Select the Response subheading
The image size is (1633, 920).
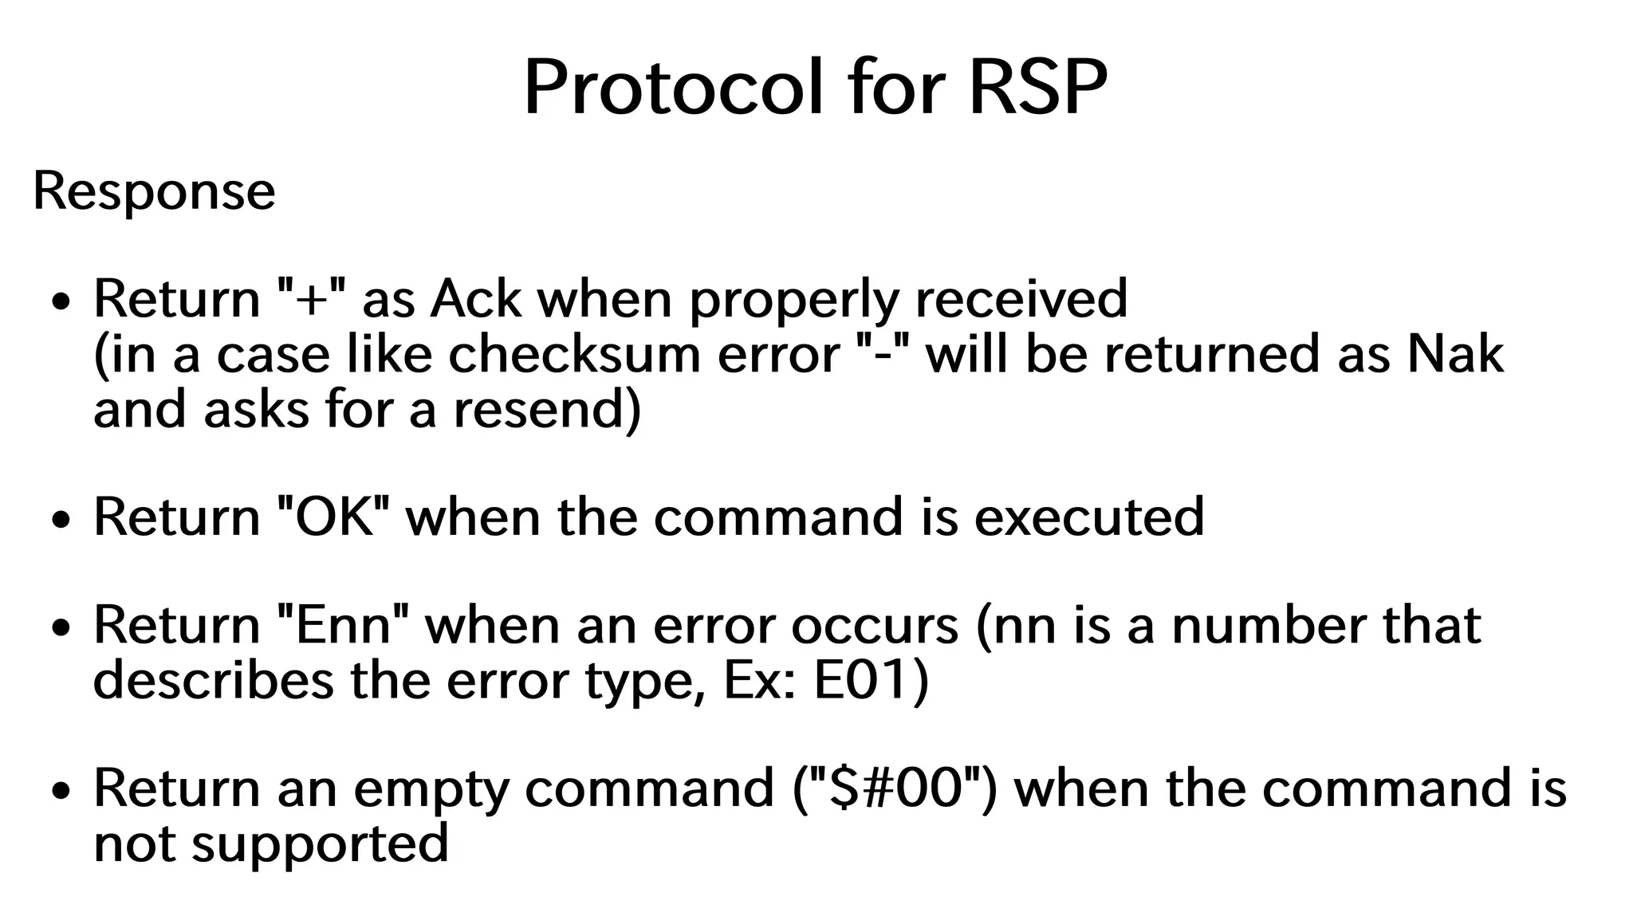pyautogui.click(x=154, y=192)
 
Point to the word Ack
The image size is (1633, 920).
pyautogui.click(x=476, y=299)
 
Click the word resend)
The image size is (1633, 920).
pyautogui.click(x=547, y=410)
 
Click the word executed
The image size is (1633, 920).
pyautogui.click(x=1089, y=517)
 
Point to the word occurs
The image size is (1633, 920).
pyautogui.click(x=875, y=625)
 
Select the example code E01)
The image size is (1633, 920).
pyautogui.click(x=871, y=681)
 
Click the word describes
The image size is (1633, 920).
pyautogui.click(x=213, y=681)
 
